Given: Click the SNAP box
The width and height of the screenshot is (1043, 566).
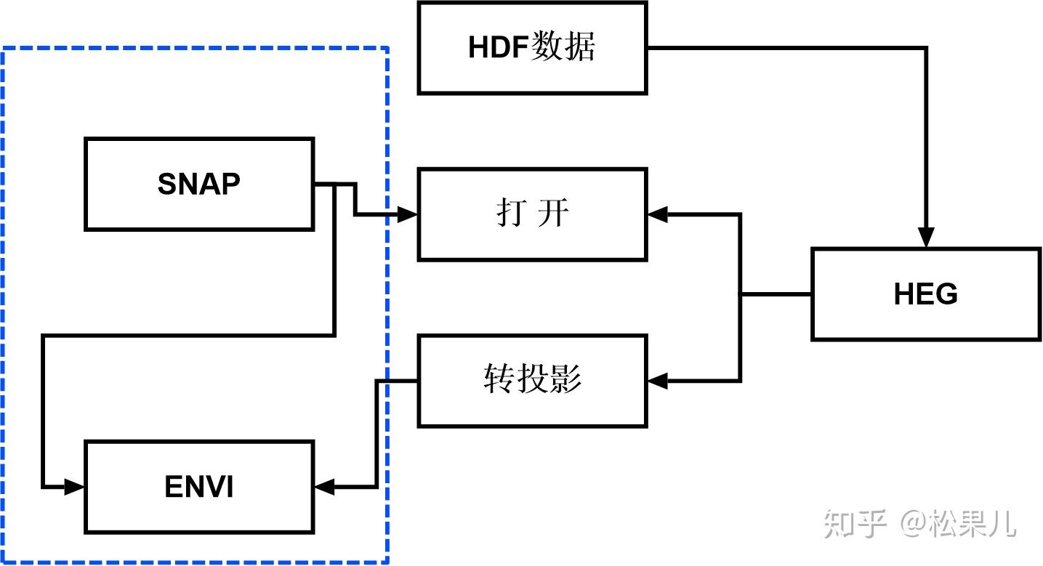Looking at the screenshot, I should [x=199, y=184].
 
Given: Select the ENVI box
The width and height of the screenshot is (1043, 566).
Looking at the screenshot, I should [x=199, y=486].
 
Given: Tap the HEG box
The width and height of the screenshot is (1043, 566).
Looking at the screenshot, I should [x=925, y=294].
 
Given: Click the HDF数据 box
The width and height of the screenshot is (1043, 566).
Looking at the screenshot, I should [x=532, y=48].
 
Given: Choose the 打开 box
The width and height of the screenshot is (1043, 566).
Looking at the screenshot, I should [x=532, y=214].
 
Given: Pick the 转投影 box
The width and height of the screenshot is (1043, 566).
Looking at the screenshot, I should [x=532, y=380].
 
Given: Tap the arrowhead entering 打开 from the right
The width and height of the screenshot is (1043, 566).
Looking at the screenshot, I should [x=657, y=214].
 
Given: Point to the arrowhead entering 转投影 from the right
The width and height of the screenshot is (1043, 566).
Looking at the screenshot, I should [x=657, y=380].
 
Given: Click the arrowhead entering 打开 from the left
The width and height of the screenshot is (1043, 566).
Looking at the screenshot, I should [x=408, y=215].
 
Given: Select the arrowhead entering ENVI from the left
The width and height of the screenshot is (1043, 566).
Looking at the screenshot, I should [x=76, y=486].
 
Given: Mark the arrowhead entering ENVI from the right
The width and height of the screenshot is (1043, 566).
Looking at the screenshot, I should [x=324, y=486].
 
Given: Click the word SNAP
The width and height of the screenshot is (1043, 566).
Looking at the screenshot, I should [x=198, y=185].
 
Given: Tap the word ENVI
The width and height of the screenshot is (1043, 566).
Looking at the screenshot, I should [x=199, y=487].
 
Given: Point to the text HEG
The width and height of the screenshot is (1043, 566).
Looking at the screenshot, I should [x=925, y=294].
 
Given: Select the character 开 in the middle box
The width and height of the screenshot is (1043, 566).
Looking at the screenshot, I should [x=554, y=214].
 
